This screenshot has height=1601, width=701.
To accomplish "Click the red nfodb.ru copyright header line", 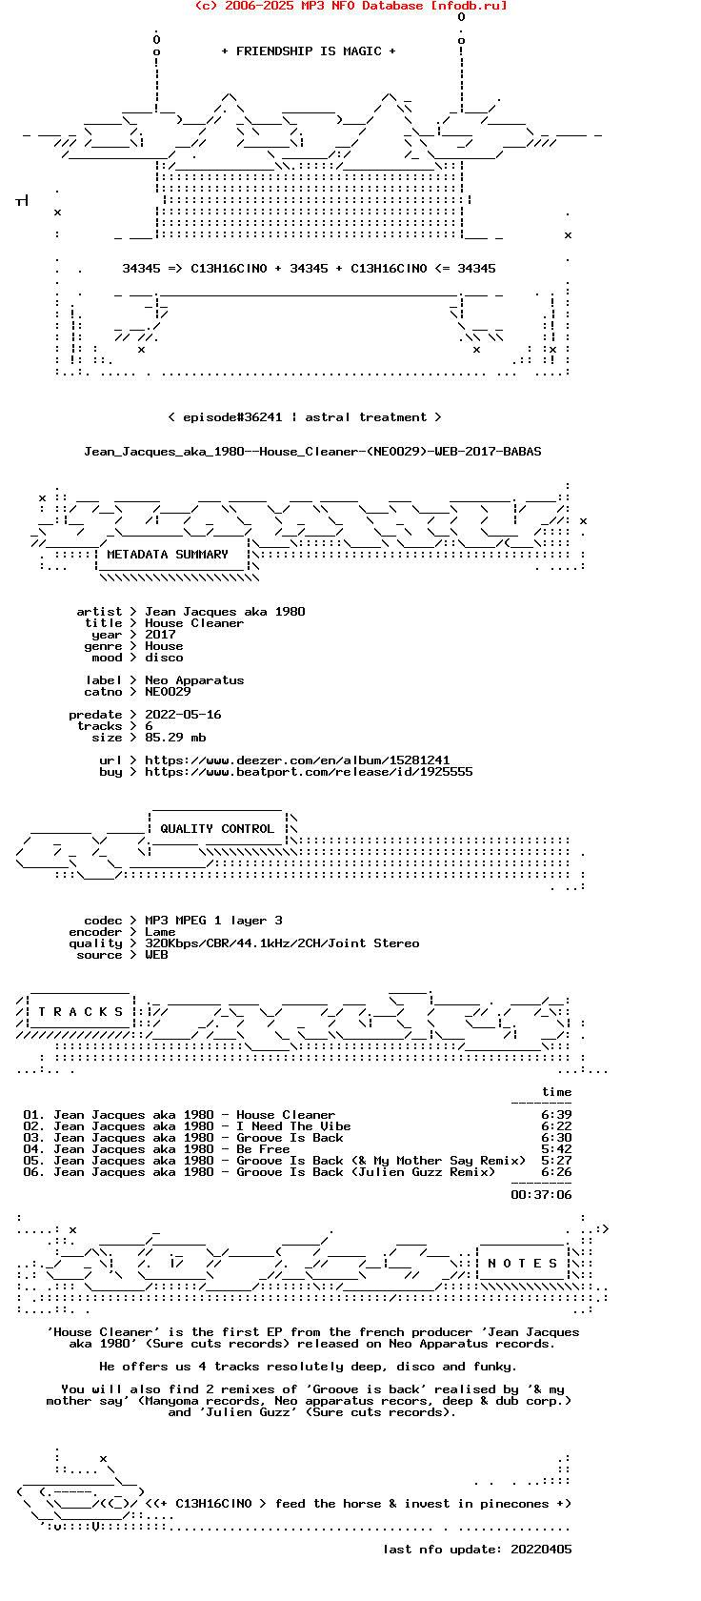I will (350, 6).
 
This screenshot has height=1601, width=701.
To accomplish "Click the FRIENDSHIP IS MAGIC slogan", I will (308, 51).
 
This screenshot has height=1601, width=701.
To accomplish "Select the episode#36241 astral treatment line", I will (304, 417).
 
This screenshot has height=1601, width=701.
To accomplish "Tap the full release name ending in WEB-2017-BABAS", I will (312, 452).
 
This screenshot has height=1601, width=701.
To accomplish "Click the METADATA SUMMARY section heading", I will (168, 555).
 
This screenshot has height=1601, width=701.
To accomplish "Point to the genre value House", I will (164, 646).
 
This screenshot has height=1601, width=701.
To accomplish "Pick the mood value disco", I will (164, 658).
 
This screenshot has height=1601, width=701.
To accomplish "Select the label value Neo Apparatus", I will (194, 680).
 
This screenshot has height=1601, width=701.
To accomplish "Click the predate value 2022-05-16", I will (183, 715).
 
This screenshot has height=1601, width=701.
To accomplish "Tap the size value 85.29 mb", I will (175, 738).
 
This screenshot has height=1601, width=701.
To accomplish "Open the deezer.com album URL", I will (297, 760).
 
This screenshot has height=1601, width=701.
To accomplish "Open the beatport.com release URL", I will (309, 772).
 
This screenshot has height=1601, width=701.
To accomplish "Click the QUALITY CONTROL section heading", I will (217, 829).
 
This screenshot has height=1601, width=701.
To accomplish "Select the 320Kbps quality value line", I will (282, 943).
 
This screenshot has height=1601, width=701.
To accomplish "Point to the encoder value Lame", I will (160, 932).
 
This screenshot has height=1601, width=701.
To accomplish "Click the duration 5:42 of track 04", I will (556, 1149).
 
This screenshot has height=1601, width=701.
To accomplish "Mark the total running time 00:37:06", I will (541, 1195).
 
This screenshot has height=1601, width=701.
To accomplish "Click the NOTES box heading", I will (522, 1264).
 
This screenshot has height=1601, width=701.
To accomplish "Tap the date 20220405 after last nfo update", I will (541, 1550).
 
